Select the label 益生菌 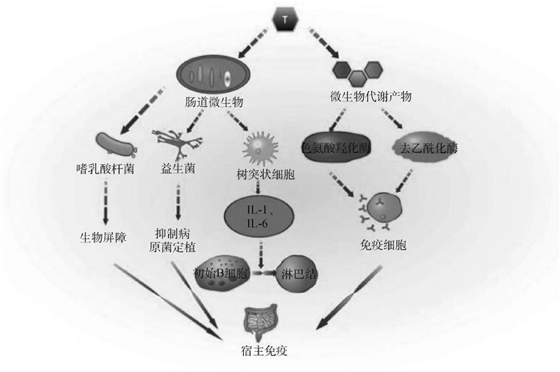(178, 170)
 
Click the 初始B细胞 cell (223, 272)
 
